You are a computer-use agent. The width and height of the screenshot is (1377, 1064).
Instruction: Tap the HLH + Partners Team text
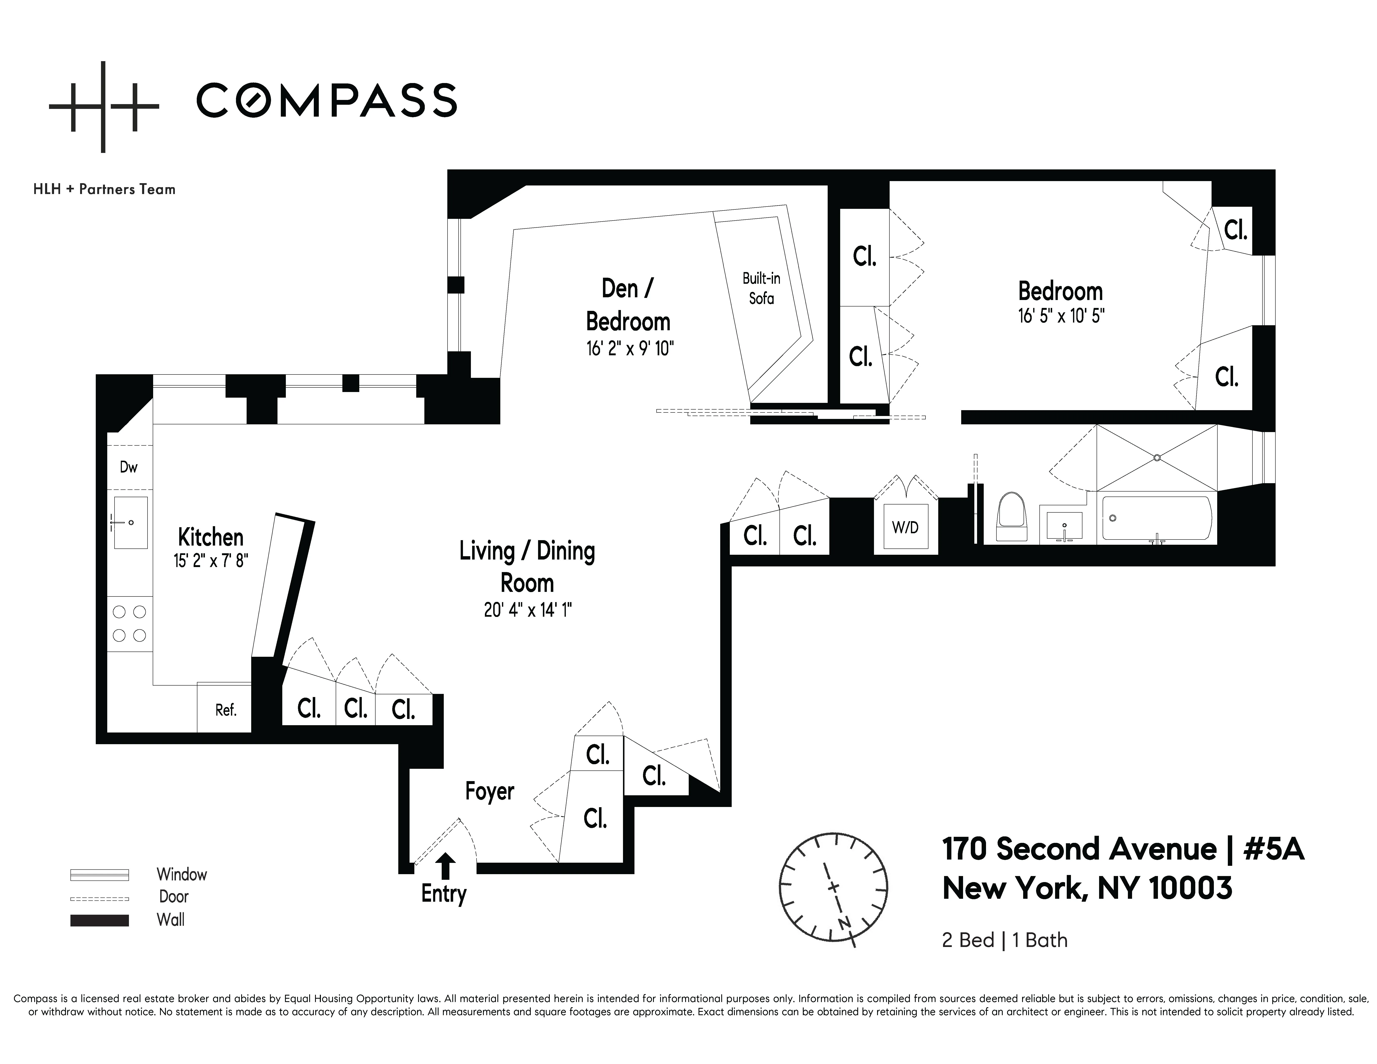tap(104, 189)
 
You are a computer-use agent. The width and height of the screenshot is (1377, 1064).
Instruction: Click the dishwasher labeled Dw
tap(129, 467)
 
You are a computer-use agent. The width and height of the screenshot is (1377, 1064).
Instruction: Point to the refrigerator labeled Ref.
tap(225, 710)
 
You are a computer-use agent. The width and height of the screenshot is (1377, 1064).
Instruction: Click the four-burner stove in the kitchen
tap(129, 623)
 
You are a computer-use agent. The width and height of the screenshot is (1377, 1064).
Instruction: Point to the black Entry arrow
tap(446, 865)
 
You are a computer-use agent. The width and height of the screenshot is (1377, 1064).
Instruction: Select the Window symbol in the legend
tap(100, 875)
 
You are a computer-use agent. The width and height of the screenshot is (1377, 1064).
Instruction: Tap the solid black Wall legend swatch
tap(100, 920)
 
